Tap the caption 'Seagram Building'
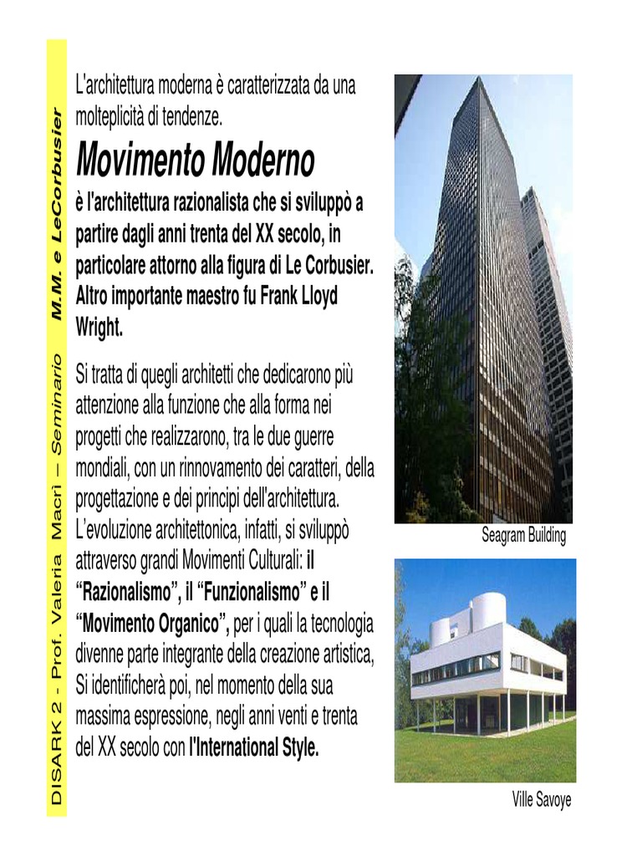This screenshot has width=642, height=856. pos(523,536)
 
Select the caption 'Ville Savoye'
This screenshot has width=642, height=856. pos(542,800)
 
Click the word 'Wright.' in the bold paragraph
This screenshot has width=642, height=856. pos(99,328)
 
